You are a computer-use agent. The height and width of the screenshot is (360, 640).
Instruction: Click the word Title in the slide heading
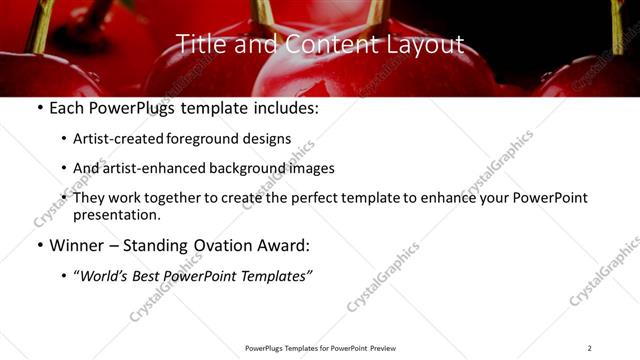(199, 44)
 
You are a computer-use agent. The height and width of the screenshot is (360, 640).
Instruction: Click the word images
(311, 168)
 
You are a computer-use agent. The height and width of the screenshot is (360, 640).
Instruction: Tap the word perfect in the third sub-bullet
(315, 198)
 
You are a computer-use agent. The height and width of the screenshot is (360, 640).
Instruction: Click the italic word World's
(106, 275)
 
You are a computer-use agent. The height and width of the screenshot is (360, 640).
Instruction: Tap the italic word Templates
(275, 275)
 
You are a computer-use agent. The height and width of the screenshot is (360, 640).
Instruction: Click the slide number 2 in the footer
(590, 348)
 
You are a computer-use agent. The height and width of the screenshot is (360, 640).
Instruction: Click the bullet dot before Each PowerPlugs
(38, 108)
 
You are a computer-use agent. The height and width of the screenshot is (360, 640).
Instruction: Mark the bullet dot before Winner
(38, 244)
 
